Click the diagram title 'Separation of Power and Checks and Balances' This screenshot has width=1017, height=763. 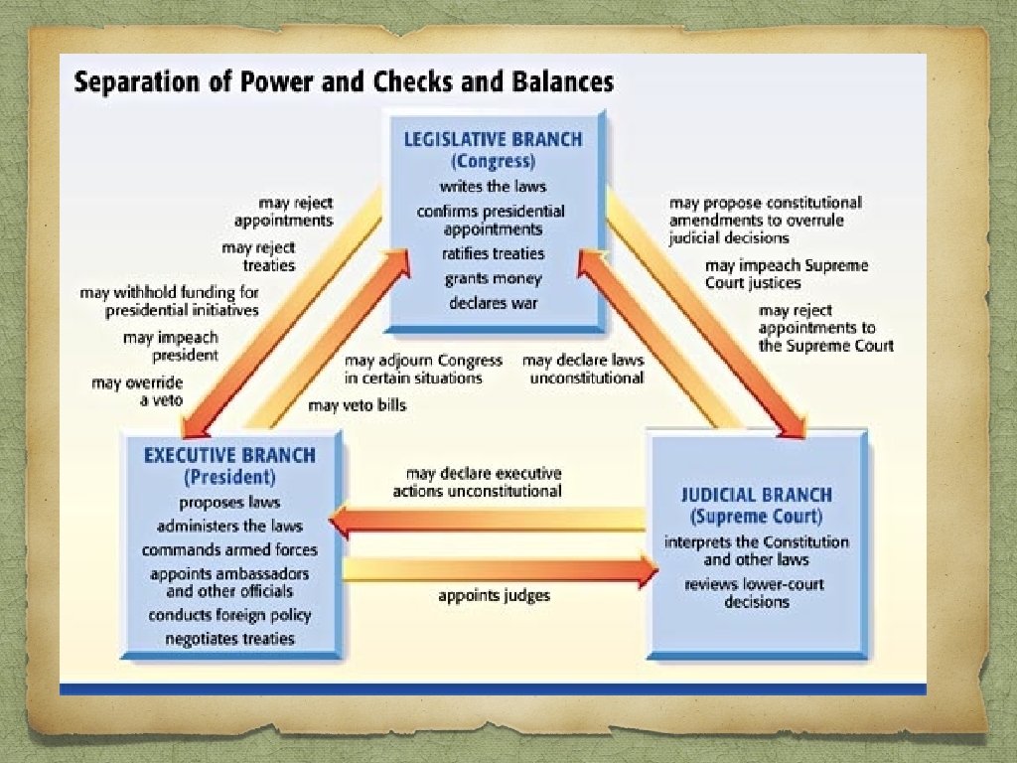344,80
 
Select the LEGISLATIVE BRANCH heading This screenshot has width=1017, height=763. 494,139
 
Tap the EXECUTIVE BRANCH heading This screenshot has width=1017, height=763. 229,455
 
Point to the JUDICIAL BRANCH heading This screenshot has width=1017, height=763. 757,495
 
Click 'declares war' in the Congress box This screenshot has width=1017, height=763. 494,303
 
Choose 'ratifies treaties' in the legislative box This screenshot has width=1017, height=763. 494,254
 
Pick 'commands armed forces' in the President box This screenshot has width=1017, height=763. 229,549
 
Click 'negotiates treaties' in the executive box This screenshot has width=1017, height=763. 229,639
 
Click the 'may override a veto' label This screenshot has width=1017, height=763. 138,390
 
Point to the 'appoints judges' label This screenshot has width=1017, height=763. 494,596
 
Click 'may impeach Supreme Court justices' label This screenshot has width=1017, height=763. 787,274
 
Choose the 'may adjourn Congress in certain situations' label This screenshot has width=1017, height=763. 423,369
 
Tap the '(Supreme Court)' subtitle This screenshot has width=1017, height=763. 757,517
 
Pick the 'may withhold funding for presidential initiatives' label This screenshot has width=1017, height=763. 169,301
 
